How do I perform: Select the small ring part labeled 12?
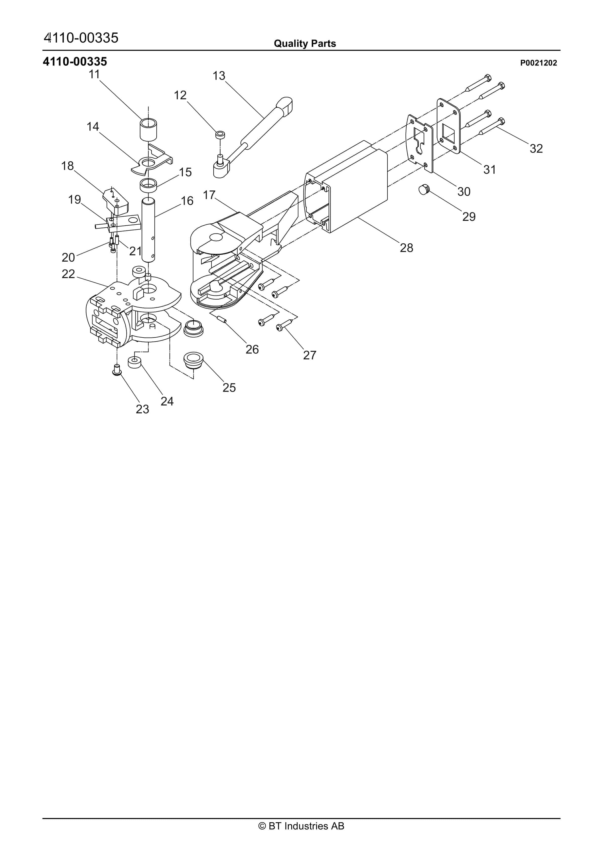click(220, 134)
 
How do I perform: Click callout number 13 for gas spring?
click(219, 76)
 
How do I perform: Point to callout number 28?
click(406, 248)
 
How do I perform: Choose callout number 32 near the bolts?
click(536, 149)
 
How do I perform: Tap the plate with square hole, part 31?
click(449, 126)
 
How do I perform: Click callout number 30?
click(464, 192)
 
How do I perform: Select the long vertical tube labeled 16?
click(148, 230)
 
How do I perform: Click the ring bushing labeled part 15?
click(148, 185)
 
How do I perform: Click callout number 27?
click(309, 355)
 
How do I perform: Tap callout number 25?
click(229, 387)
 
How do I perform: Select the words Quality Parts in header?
click(305, 44)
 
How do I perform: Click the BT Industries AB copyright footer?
click(301, 826)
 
